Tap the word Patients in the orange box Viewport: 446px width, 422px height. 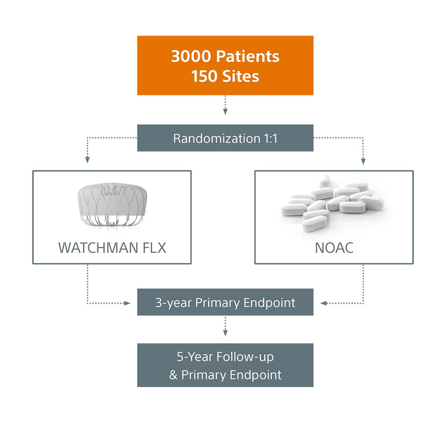click(248, 56)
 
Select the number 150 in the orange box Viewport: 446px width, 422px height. click(204, 76)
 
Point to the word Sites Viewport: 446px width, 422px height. click(240, 76)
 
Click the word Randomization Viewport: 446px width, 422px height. click(217, 139)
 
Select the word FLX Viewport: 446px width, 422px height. click(153, 248)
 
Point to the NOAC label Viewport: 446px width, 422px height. click(334, 248)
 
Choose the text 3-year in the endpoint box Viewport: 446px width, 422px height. click(174, 303)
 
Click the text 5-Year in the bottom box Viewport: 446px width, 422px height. click(195, 357)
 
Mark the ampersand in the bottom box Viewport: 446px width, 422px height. click(173, 375)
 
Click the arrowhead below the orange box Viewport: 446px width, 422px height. click(225, 111)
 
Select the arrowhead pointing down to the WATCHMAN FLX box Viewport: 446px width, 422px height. click(87, 160)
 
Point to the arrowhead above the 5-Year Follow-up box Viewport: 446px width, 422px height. click(225, 333)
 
